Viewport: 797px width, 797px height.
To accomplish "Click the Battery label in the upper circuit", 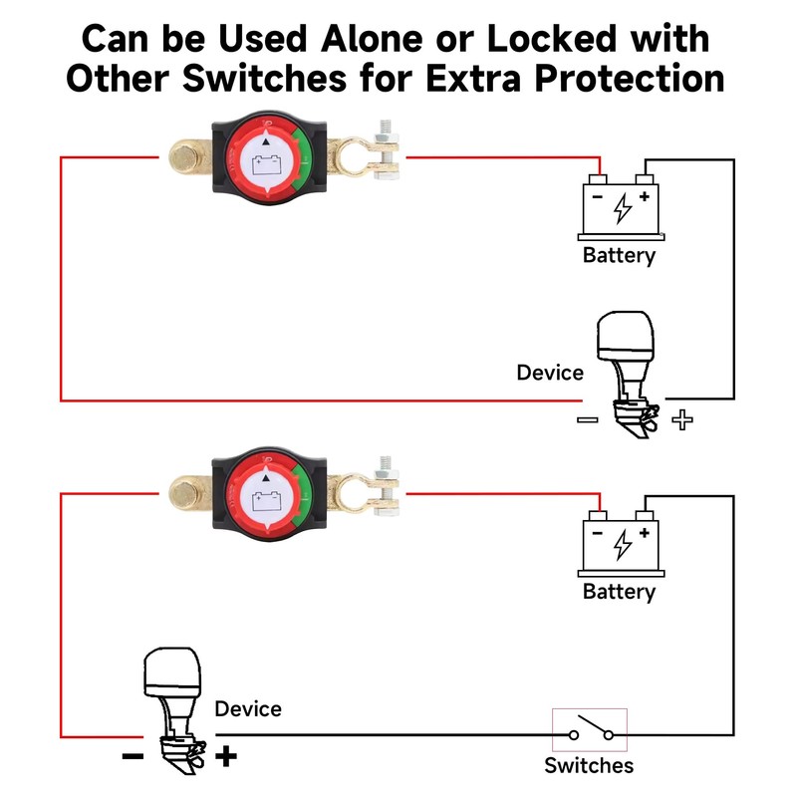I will tap(619, 255).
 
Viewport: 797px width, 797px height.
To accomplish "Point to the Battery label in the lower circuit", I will tap(619, 592).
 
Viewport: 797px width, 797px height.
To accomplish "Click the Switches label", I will tap(589, 765).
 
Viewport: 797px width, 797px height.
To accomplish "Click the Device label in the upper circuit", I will tap(550, 373).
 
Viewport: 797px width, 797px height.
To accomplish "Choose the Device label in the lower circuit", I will tap(248, 709).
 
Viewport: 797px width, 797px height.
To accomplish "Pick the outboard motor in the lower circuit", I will tap(177, 703).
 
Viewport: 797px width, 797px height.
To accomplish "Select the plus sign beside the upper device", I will tap(682, 419).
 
